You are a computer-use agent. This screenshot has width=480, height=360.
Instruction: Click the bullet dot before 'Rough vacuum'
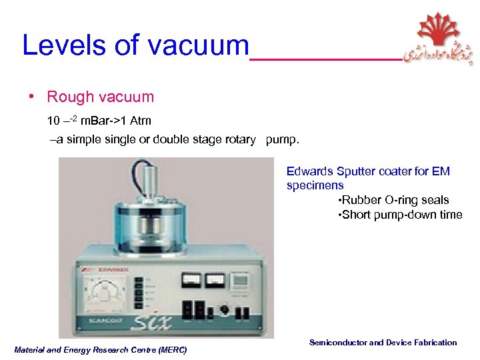(32, 97)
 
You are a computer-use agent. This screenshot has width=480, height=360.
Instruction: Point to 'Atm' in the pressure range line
(141, 121)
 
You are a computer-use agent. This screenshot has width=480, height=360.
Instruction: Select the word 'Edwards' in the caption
(311, 171)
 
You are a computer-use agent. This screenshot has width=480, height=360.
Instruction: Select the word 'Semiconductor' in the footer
(337, 343)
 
